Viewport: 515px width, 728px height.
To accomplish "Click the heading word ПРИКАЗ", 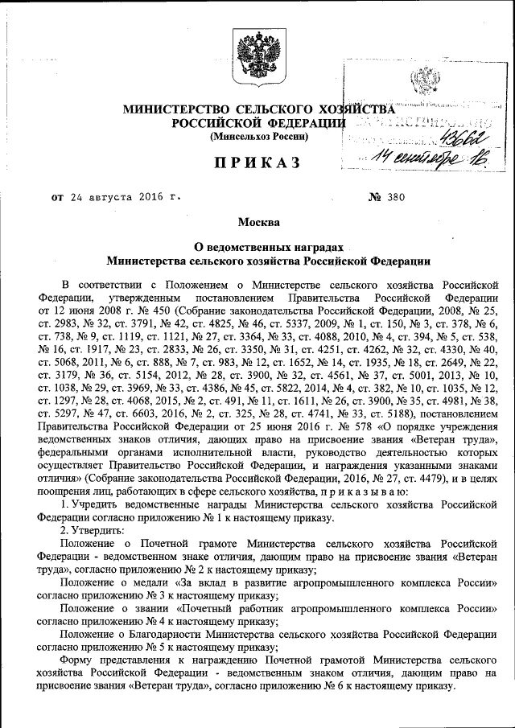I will click(257, 163).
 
